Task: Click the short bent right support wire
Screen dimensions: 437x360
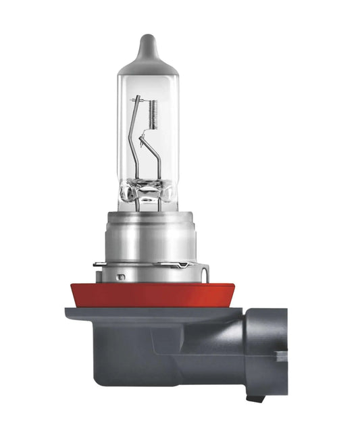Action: pos(157,162)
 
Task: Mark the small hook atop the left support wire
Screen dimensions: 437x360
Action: pos(138,99)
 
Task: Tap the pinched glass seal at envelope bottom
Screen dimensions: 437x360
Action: pos(148,196)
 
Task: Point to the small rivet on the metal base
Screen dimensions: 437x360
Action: pos(120,276)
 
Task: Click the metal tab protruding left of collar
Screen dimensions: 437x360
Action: pos(99,263)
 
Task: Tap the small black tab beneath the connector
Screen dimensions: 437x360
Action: pos(255,398)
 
